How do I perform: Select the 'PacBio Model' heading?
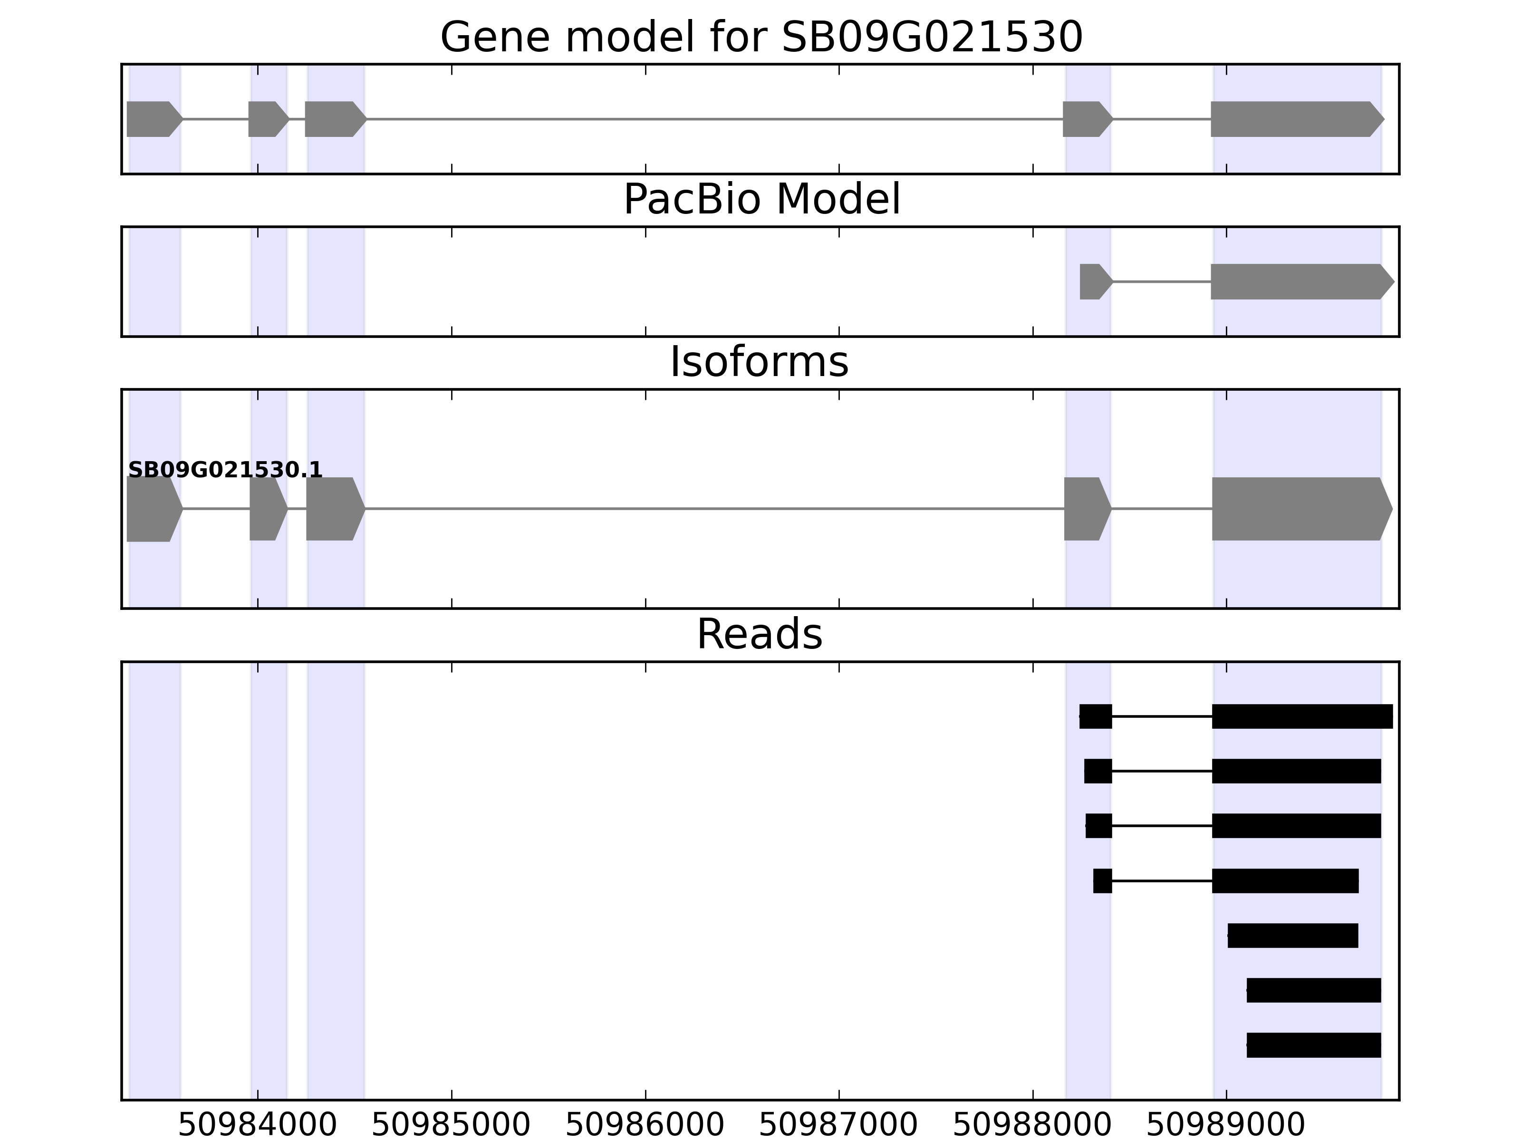pos(760,200)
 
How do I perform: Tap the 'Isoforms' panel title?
pos(759,362)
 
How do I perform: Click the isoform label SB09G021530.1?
pos(225,471)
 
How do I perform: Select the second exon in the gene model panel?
pos(267,119)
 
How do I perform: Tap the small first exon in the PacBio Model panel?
pos(1093,282)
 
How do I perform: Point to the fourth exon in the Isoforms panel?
pos(1086,509)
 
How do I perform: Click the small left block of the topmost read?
pos(1096,716)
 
